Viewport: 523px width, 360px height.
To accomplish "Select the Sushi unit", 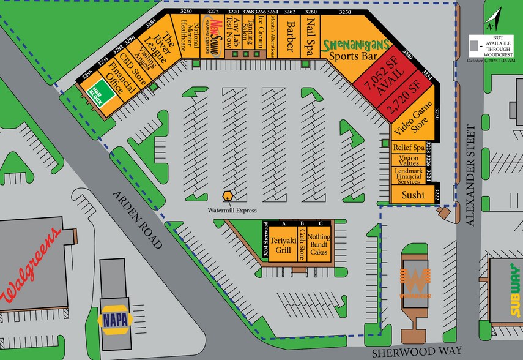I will coord(413,195).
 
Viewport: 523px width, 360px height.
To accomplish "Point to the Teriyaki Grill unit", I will coord(283,245).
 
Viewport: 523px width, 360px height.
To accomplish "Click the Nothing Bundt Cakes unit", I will coord(318,244).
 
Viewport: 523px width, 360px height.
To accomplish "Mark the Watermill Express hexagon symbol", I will coord(228,196).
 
